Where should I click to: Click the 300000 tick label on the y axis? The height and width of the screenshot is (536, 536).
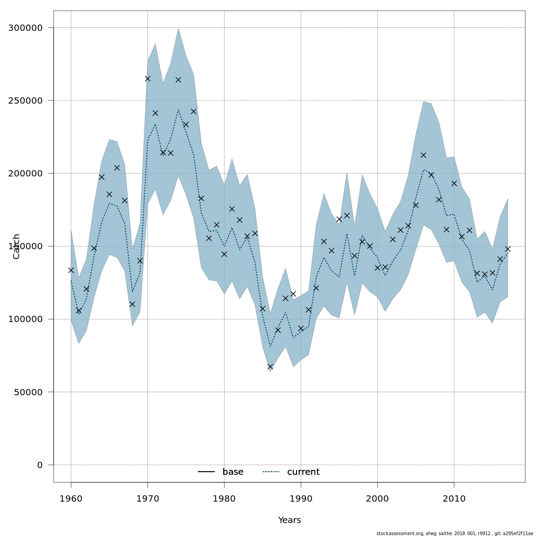(x=25, y=28)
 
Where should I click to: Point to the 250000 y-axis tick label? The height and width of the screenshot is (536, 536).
(x=25, y=100)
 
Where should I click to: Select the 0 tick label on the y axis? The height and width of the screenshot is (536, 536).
(x=40, y=465)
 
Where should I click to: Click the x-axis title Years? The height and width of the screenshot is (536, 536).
(x=289, y=520)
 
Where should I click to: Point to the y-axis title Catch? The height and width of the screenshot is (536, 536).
(x=17, y=246)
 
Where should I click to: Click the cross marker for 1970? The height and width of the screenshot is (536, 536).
(x=147, y=79)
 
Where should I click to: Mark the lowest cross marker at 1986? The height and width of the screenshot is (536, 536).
(x=270, y=367)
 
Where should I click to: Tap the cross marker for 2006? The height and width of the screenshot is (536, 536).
(x=423, y=155)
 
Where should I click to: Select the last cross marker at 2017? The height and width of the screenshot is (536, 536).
(x=508, y=249)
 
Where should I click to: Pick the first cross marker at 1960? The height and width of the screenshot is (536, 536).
(x=71, y=270)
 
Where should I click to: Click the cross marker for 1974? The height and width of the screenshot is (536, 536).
(x=178, y=80)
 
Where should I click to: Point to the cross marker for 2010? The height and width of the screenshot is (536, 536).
(x=454, y=183)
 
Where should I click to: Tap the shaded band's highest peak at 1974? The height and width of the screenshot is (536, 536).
(x=178, y=29)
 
